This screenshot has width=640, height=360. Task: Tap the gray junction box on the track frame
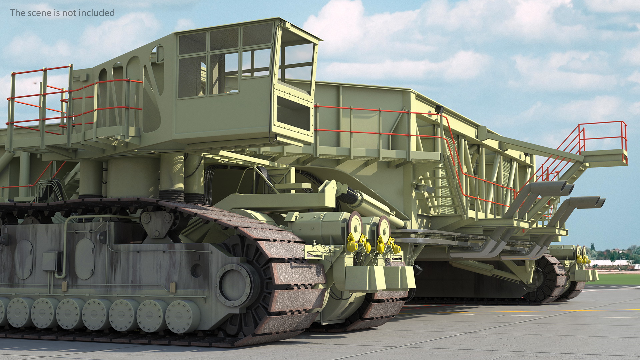50,261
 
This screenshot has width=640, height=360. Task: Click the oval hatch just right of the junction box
85,259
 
